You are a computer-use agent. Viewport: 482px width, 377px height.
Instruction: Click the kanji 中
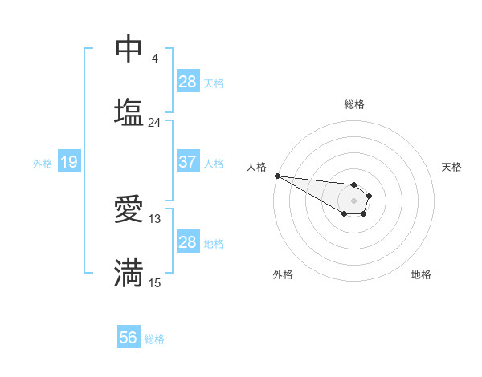coord(129,49)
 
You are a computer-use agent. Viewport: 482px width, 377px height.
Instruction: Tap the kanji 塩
coord(129,112)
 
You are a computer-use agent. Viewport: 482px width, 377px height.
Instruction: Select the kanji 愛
coord(129,209)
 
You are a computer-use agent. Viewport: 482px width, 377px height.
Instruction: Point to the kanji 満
coord(129,273)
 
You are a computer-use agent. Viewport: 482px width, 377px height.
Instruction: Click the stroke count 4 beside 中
coord(154,59)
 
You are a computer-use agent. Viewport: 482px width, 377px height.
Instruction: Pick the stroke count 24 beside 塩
coord(154,123)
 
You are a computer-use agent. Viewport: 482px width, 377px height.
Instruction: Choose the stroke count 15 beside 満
coord(155,282)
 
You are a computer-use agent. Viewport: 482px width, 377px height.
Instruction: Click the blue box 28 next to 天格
coord(188,82)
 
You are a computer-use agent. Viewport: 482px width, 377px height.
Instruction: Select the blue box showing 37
coord(188,162)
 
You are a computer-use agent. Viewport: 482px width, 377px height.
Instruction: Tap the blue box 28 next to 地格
coord(188,242)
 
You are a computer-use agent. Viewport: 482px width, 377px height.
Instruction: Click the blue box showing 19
coord(68,163)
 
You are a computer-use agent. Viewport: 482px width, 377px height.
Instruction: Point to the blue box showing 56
coord(129,338)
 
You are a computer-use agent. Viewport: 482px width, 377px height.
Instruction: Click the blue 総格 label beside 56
coord(154,339)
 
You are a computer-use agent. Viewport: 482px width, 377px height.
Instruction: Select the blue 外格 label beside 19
coord(43,164)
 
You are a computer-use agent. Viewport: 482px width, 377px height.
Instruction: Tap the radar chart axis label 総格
coord(354,104)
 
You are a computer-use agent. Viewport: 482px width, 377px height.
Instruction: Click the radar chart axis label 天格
coord(451,167)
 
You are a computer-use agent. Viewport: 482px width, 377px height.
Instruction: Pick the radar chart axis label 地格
coord(421,274)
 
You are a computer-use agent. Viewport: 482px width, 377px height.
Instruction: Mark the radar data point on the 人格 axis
coord(277,176)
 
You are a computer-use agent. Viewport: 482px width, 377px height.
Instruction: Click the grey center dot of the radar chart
coord(354,201)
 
